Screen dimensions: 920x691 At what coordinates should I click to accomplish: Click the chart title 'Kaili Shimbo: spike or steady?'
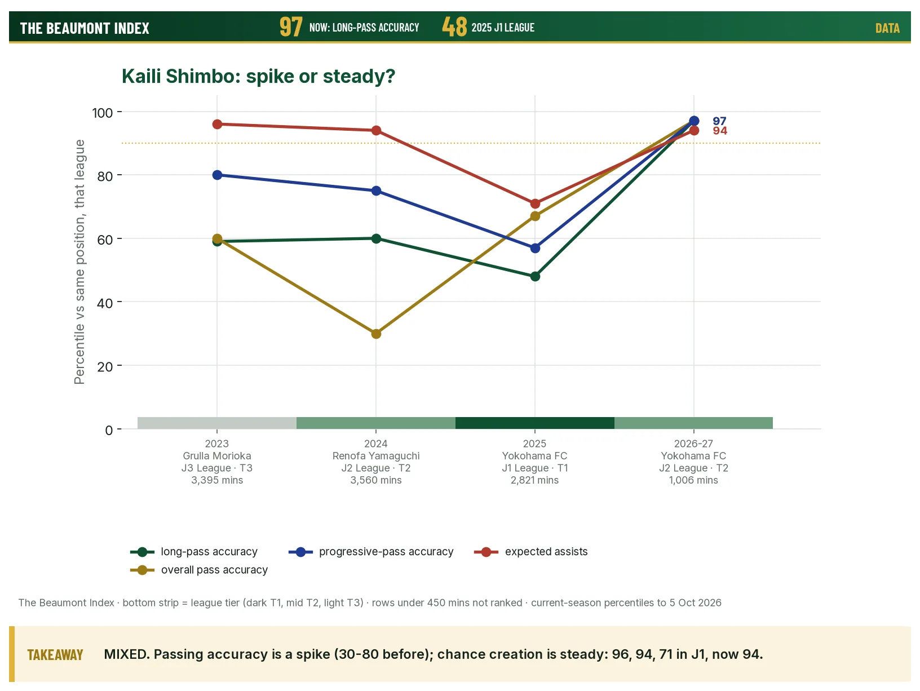[258, 76]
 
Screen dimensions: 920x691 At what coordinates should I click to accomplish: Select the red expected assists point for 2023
[217, 125]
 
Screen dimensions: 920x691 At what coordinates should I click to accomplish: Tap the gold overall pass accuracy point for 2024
[376, 334]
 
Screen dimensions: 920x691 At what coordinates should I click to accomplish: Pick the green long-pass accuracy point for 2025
[535, 277]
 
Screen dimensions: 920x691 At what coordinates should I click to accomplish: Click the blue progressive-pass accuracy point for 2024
[376, 191]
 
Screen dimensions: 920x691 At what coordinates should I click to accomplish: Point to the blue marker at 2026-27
[694, 121]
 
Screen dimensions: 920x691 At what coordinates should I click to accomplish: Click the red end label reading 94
[720, 131]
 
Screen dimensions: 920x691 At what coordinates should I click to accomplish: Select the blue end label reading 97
[720, 121]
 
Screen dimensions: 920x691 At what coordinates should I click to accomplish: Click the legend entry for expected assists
[530, 551]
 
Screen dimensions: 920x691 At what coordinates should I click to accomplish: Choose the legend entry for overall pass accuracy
[198, 570]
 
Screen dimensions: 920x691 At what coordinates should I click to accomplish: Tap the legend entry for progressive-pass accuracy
[371, 551]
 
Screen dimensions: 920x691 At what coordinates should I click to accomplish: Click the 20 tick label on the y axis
[105, 367]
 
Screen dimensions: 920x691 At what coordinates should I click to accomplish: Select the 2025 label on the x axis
[534, 444]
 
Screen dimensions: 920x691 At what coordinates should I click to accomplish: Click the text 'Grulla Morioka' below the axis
[216, 455]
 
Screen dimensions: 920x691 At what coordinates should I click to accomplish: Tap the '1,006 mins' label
[693, 480]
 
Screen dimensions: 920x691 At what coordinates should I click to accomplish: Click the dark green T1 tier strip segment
[535, 423]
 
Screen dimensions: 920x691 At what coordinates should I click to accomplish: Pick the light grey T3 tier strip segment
[216, 423]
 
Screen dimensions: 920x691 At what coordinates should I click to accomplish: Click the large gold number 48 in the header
[454, 27]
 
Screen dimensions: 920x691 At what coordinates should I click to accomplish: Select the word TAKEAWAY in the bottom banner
[55, 655]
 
